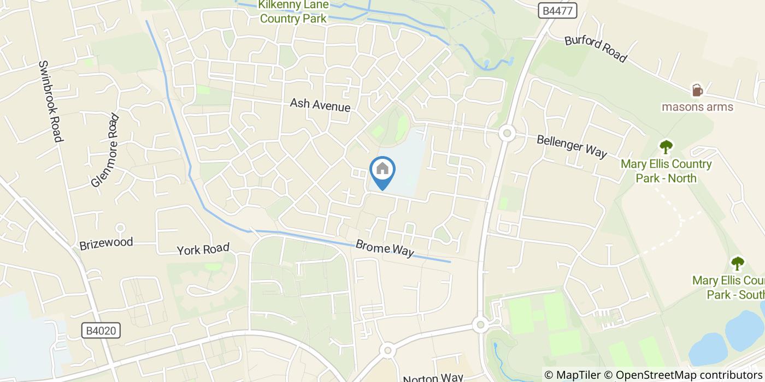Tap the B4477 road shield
[557, 10]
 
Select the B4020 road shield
[101, 331]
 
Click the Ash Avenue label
[320, 105]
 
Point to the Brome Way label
[385, 248]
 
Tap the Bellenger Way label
[572, 146]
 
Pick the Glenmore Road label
[105, 150]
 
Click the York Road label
[203, 249]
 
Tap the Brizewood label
[106, 243]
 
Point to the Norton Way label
[433, 378]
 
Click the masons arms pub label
[697, 106]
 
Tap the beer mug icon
[697, 90]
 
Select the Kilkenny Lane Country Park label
[293, 11]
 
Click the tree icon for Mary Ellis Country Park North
[666, 146]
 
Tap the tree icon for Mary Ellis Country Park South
[737, 264]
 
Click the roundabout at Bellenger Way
[507, 133]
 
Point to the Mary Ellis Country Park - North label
[666, 171]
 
